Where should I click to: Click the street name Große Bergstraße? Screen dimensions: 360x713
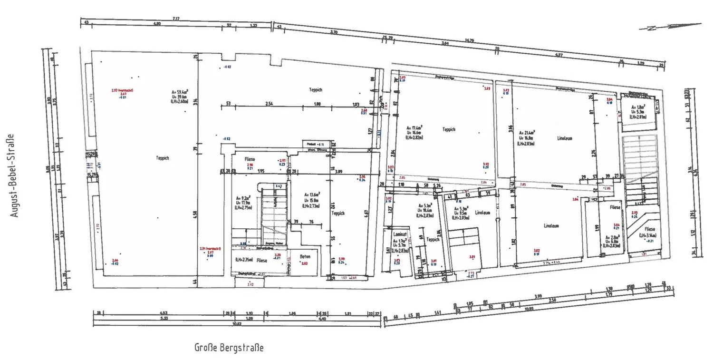pos(229,347)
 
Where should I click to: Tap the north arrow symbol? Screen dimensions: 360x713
pos(670,27)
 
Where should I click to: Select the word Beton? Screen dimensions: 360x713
pos(305,257)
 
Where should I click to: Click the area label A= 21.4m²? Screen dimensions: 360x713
pos(528,133)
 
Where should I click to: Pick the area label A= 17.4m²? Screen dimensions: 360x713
pos(414,128)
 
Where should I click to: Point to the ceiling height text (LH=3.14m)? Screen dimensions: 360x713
pos(647,235)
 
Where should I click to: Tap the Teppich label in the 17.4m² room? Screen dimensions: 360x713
pos(449,129)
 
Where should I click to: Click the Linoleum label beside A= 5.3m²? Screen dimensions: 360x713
pos(482,213)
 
